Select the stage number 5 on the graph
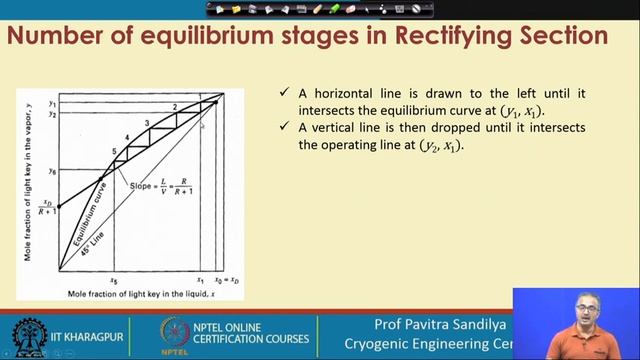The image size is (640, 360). click(x=115, y=151)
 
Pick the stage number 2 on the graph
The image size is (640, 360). click(x=174, y=107)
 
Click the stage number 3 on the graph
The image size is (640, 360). click(x=147, y=124)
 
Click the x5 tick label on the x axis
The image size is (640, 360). click(x=114, y=281)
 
